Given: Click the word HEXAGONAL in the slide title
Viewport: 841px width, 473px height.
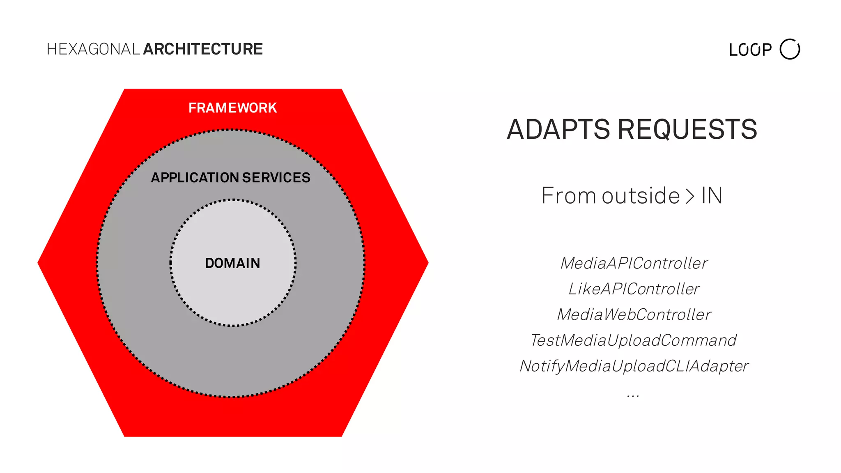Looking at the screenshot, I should tap(94, 49).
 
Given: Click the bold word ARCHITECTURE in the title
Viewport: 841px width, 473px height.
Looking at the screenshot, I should tap(203, 49).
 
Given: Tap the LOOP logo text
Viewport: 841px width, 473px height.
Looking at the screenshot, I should tap(750, 50).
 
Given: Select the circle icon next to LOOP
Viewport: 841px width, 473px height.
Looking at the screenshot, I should tap(790, 49).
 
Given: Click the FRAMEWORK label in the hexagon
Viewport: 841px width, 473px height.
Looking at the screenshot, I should tap(232, 108).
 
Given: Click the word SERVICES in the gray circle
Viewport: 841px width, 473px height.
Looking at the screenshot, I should tap(276, 178).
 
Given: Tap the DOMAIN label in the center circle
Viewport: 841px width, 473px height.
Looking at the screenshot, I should tap(232, 263).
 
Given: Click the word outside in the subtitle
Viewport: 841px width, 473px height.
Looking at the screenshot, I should tap(641, 196).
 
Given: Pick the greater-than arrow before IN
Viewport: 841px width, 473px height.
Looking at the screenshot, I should tap(690, 196).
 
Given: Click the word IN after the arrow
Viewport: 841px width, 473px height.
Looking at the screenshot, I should tap(712, 196).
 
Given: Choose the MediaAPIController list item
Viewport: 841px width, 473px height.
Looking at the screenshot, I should tap(634, 264).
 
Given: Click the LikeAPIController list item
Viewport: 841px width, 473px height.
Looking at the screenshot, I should tap(634, 289).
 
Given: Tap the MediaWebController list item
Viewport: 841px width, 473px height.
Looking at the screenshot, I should tap(634, 315).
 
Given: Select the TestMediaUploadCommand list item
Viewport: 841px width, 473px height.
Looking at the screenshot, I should tap(634, 340).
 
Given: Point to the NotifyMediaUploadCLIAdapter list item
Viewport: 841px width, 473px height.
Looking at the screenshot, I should tap(634, 366).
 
